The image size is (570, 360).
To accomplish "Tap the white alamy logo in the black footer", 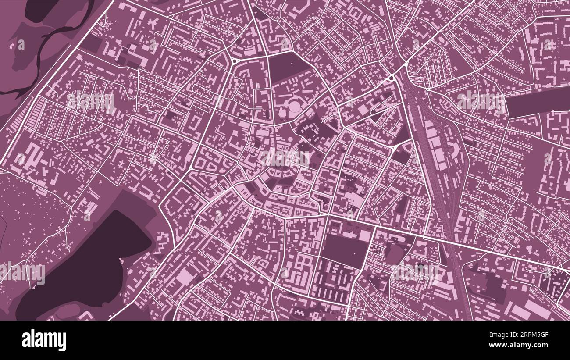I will pos(44,340).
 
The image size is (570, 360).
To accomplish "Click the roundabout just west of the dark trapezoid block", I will pos(234,61).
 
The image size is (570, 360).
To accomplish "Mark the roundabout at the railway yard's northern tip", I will pos(391,78).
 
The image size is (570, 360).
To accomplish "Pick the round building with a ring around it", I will pos(293,105).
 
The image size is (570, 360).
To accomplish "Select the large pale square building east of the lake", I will pos(185,277).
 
